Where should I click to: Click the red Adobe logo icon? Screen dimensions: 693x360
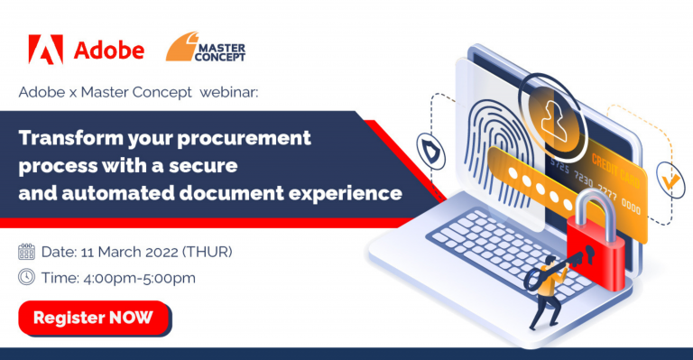(x=45, y=50)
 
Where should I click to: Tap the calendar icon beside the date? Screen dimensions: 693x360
(x=26, y=252)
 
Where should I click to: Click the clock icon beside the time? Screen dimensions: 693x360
(x=26, y=277)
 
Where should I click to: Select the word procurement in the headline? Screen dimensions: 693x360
(x=244, y=139)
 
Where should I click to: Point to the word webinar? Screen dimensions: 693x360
(x=228, y=92)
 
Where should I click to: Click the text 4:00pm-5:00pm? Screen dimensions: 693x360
(x=139, y=278)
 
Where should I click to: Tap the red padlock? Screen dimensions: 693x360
(x=595, y=243)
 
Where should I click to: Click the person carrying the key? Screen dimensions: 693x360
(x=546, y=291)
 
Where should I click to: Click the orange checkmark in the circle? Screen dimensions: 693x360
(x=671, y=179)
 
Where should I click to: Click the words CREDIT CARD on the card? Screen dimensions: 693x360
(x=615, y=170)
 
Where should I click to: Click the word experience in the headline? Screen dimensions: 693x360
(x=345, y=194)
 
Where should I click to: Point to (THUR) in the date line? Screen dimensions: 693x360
(x=208, y=252)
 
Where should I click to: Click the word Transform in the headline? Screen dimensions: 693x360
(x=70, y=138)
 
